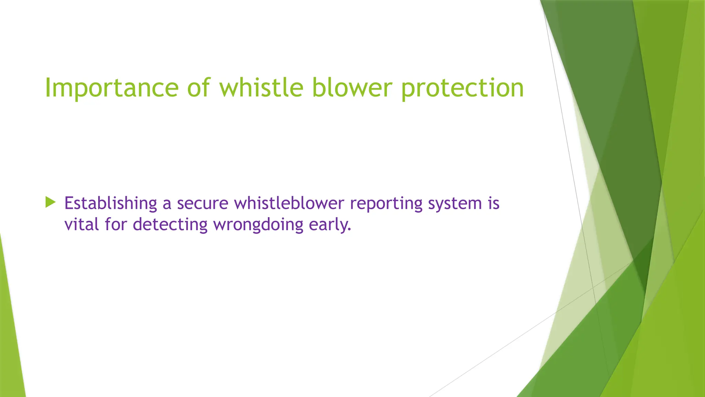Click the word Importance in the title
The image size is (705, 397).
tap(112, 88)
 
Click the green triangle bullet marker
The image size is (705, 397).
tap(50, 202)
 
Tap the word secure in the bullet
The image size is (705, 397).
tap(202, 203)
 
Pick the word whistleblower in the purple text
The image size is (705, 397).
tap(289, 203)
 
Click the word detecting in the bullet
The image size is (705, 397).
tap(170, 225)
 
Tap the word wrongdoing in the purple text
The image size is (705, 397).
tap(258, 225)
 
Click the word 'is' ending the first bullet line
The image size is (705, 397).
tap(493, 203)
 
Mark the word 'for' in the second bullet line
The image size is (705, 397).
tap(116, 224)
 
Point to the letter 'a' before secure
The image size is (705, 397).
tap(167, 204)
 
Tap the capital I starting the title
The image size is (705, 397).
tap(48, 88)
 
